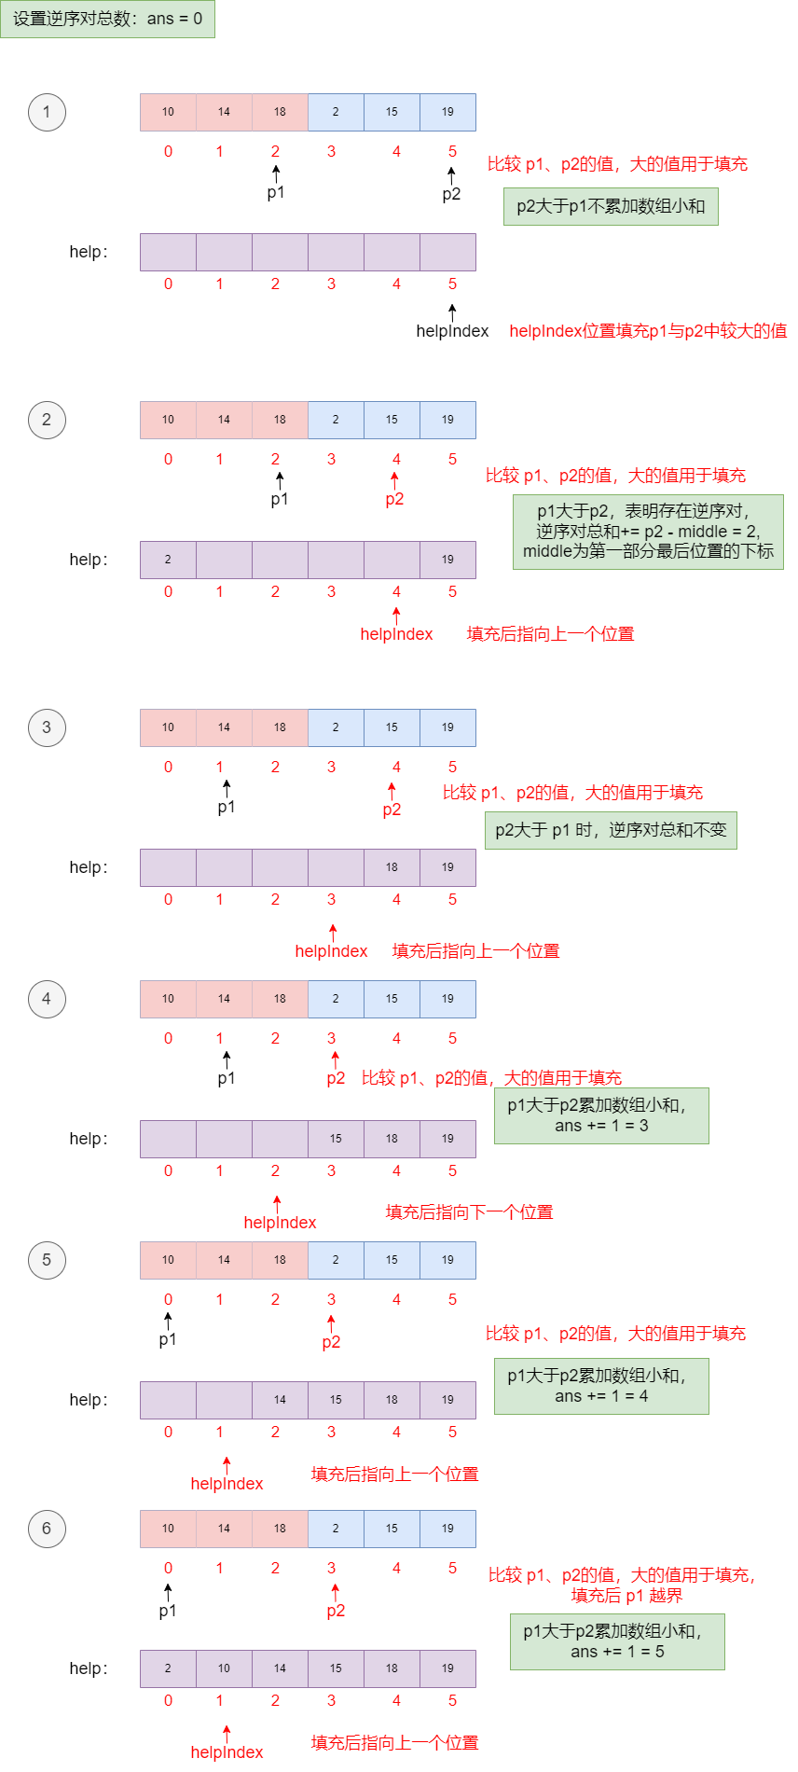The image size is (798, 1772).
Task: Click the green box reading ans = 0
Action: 107,19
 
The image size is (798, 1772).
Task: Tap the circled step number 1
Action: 47,112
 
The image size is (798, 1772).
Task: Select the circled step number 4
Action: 47,999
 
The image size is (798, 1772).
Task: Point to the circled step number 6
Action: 47,1529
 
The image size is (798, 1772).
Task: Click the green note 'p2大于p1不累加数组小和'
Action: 611,206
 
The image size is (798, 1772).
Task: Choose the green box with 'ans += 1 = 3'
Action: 601,1115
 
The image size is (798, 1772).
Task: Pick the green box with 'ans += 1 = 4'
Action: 601,1386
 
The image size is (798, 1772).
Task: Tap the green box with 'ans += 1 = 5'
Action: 617,1641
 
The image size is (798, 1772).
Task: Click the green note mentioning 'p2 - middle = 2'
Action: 648,532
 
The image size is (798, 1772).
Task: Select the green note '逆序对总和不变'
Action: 611,830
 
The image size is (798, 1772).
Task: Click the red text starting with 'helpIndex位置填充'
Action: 648,331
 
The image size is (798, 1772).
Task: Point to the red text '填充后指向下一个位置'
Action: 470,1212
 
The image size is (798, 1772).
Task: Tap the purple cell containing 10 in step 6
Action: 224,1668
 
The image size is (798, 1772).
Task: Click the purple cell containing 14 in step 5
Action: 280,1400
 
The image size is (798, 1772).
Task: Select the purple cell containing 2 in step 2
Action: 168,560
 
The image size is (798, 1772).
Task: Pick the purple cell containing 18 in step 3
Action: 392,867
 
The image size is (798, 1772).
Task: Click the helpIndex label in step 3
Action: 331,951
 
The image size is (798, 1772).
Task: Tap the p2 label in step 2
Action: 394,499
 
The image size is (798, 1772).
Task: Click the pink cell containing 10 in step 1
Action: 168,112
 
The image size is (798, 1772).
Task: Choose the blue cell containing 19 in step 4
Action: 447,999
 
